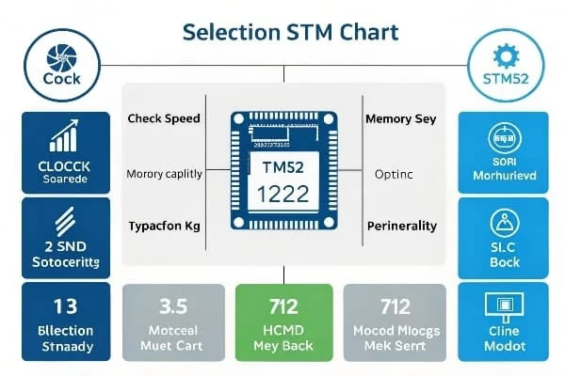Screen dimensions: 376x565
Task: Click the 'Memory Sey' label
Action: pos(400,119)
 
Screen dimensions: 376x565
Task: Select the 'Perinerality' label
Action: pos(401,227)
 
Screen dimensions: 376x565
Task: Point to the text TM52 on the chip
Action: pos(283,166)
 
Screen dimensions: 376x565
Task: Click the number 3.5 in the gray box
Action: pos(171,306)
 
